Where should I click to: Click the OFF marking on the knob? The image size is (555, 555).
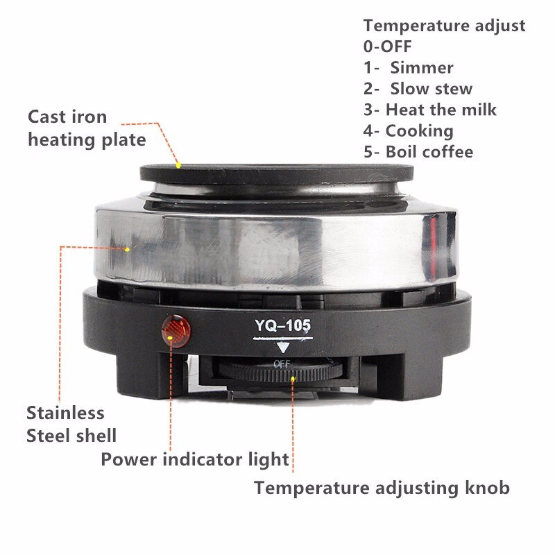point(282,364)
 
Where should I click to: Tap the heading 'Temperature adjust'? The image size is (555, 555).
point(444,26)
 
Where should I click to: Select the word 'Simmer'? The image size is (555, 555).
point(421,67)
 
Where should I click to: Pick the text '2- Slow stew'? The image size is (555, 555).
point(418,88)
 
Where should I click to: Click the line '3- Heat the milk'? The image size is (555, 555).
point(430,109)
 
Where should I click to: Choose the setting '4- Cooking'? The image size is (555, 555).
point(409,130)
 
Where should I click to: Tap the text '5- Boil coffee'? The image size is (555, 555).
point(418,151)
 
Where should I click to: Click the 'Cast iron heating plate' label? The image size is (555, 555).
point(87,128)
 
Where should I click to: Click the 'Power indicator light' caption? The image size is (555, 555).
point(195,459)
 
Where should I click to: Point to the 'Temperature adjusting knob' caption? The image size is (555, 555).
point(382,487)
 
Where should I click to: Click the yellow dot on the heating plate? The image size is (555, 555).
point(178,165)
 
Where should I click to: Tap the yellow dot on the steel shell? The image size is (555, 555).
point(128,247)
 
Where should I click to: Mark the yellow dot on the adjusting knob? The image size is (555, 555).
point(294,378)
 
